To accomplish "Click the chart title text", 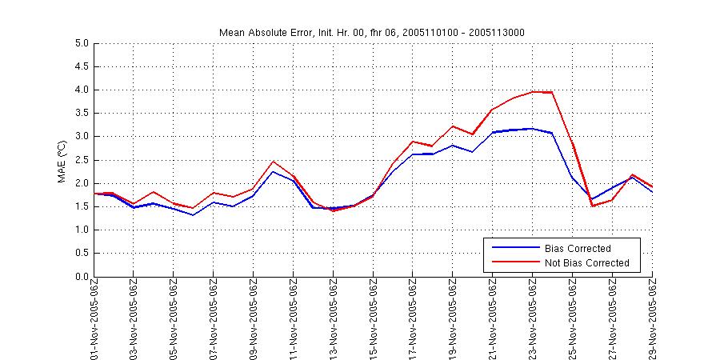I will [372, 32].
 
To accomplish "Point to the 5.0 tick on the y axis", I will [80, 43].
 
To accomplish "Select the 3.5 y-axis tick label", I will [80, 114].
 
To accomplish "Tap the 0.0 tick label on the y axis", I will [80, 277].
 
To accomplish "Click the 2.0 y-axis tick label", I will [80, 183].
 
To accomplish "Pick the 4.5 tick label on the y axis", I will [80, 66].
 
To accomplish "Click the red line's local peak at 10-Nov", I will [274, 162].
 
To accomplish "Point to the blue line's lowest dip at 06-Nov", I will [194, 214].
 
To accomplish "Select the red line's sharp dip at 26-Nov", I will [593, 206].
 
